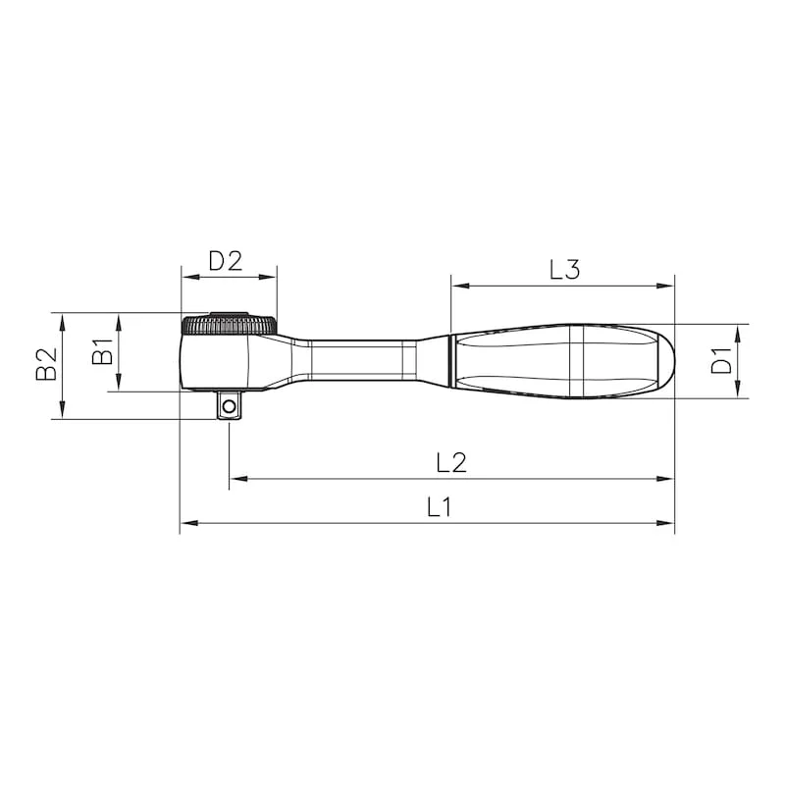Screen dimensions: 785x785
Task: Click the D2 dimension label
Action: [x=226, y=260]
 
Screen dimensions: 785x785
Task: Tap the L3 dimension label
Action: [x=565, y=269]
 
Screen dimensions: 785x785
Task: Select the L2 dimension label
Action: [x=451, y=462]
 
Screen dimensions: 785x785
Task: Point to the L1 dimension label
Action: [x=439, y=506]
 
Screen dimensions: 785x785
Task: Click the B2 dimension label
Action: [x=46, y=364]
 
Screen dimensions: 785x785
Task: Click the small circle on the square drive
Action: [x=230, y=405]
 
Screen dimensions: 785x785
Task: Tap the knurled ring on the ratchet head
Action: [x=229, y=325]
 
